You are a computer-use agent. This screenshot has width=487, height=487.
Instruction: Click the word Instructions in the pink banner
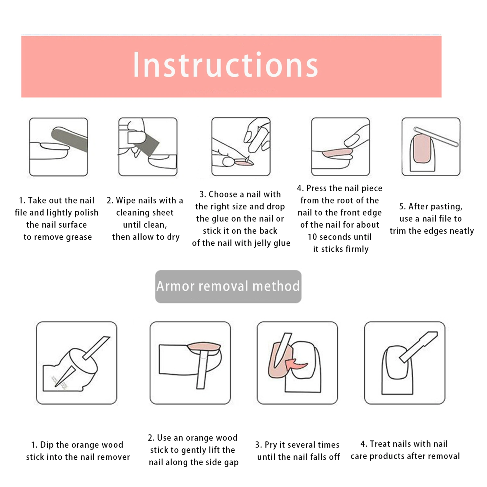(x=225, y=65)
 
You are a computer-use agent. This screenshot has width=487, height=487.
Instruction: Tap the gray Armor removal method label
(x=228, y=286)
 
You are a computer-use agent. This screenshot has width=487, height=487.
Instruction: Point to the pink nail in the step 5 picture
(x=422, y=149)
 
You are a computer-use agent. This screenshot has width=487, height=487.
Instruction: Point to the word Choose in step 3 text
(x=223, y=194)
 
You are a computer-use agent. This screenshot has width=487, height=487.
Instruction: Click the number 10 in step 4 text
(x=312, y=237)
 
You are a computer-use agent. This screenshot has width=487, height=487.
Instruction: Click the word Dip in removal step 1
(x=47, y=445)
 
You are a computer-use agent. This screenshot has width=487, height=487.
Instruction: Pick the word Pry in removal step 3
(x=271, y=445)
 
